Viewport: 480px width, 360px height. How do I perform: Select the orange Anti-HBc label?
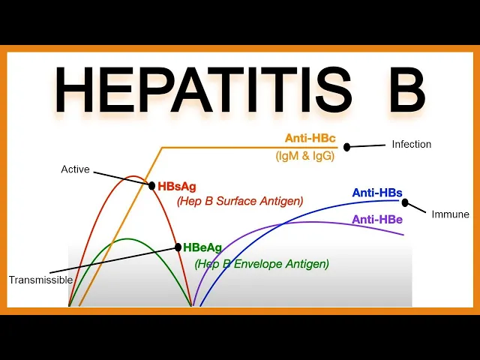[x=310, y=139]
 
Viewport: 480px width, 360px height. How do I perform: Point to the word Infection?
[x=412, y=144]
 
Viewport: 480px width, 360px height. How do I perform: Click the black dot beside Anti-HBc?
[x=347, y=146]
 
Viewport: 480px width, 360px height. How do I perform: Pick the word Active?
[x=75, y=169]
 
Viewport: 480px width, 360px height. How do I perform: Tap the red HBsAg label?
[x=178, y=185]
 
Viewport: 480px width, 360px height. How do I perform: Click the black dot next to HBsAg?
[x=151, y=184]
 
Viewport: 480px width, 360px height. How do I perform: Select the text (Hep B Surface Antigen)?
[x=240, y=201]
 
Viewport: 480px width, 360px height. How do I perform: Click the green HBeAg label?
[x=202, y=247]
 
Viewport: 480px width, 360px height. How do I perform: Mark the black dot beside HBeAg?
[x=178, y=247]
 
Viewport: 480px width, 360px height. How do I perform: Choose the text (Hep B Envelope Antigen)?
[x=262, y=264]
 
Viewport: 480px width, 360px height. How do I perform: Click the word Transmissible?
[x=40, y=280]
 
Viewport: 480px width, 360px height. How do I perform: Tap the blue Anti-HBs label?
[x=377, y=193]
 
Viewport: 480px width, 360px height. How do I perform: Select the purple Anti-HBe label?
[x=377, y=219]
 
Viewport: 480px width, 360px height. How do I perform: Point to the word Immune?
[x=450, y=214]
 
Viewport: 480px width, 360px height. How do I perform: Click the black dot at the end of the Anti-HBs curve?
[x=406, y=202]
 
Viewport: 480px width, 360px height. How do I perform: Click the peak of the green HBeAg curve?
[x=128, y=239]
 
